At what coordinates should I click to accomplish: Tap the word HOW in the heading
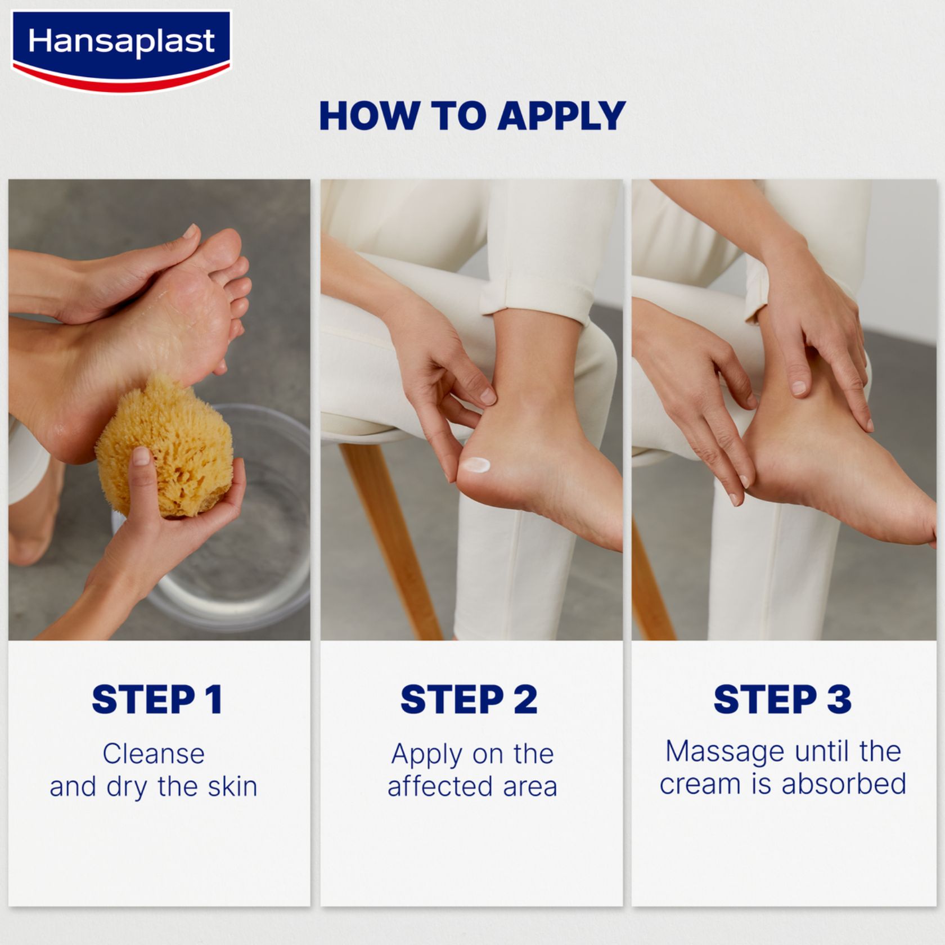pos(368,116)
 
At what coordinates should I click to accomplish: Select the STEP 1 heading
pos(157,699)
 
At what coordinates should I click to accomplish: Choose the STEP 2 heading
pos(469,699)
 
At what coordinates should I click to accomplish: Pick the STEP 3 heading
pos(782,699)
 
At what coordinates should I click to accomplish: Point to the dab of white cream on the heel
pos(475,465)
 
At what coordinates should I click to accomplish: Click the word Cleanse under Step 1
pos(154,754)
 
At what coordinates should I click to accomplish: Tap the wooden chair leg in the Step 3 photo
pos(652,585)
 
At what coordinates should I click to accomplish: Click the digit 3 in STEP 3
pos(839,699)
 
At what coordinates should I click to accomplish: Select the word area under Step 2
pos(530,787)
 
